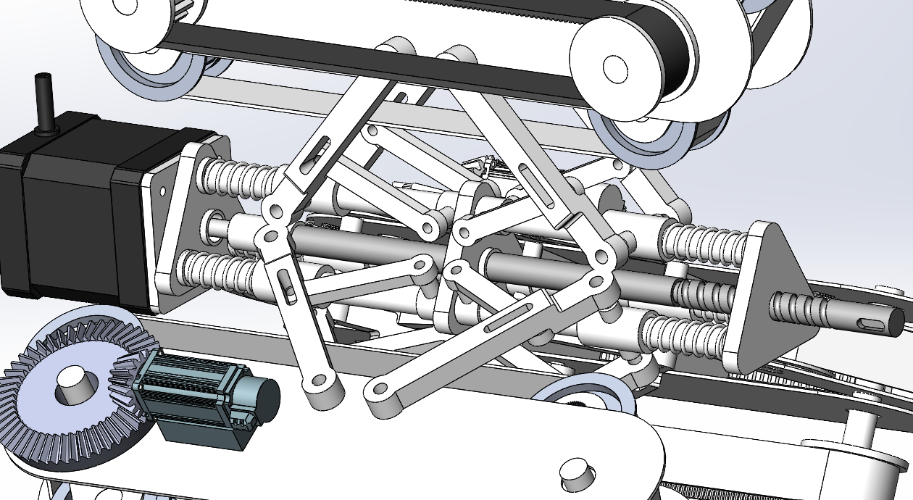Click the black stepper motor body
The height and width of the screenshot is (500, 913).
(72, 210)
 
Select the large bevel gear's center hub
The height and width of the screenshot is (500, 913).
(72, 384)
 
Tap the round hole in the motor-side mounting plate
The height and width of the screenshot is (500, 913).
(162, 192)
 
